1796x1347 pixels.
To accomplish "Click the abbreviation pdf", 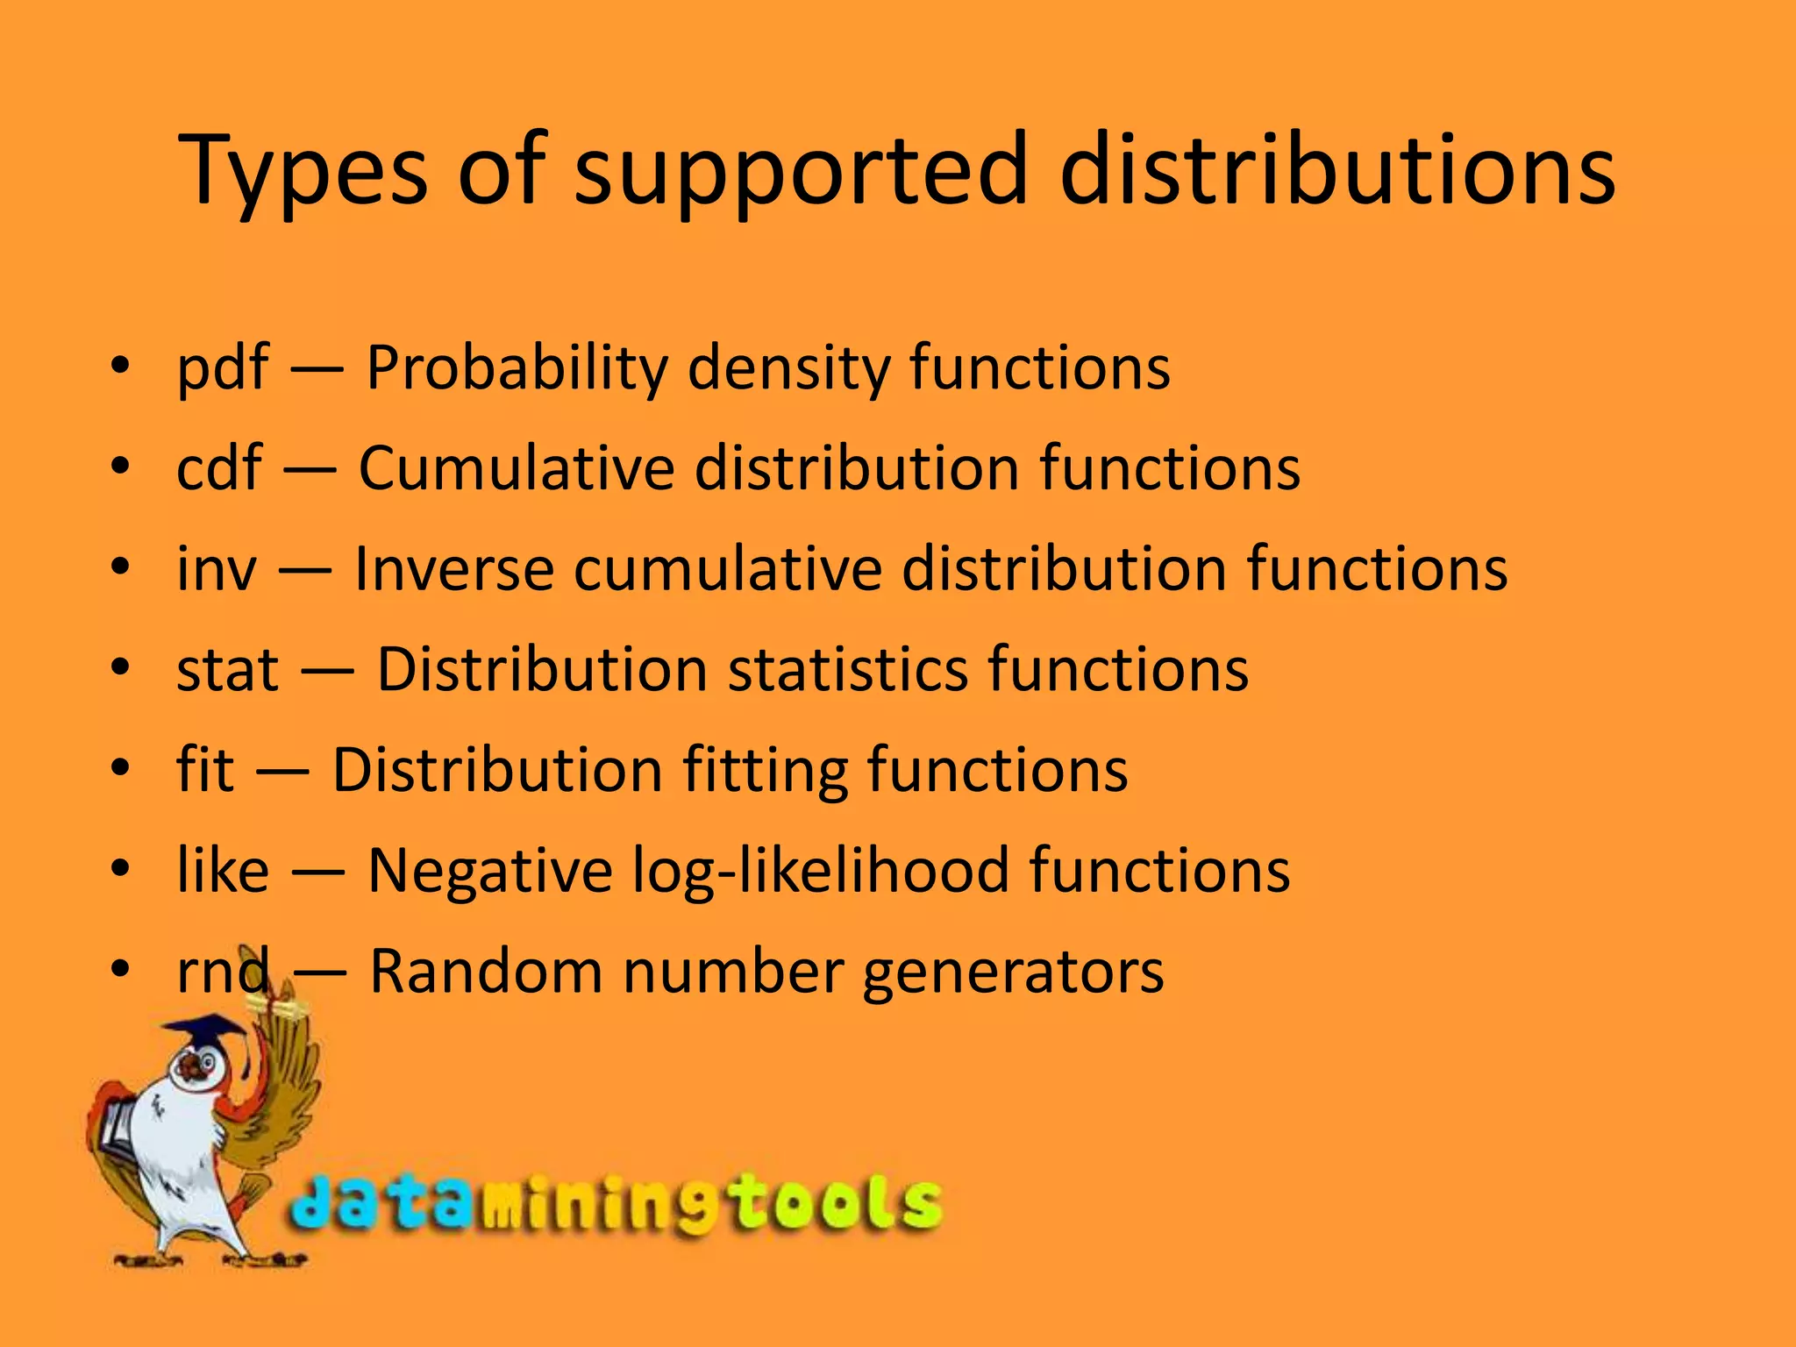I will click(x=222, y=368).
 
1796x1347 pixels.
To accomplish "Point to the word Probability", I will click(x=517, y=368).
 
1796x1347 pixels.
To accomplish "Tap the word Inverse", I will click(x=453, y=569).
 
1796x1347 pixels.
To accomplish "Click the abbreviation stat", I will click(x=227, y=670).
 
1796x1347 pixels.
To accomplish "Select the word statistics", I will click(x=847, y=670).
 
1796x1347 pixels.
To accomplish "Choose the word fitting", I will click(x=764, y=772).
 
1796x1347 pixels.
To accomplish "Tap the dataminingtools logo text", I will click(x=614, y=1206).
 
